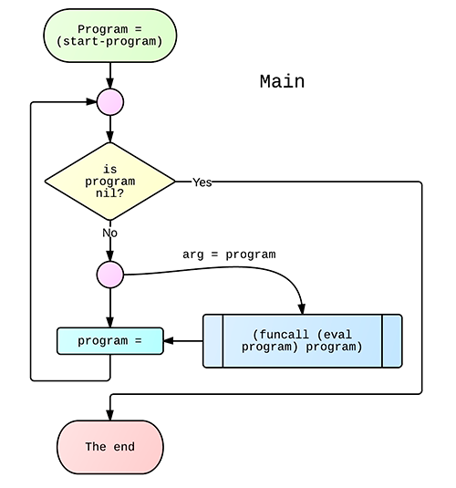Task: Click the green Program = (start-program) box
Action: [x=109, y=36]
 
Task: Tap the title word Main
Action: [x=282, y=81]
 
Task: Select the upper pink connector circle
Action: [x=109, y=102]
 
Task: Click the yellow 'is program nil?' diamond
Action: [x=109, y=182]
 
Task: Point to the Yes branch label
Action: [x=202, y=182]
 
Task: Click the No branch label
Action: [x=109, y=233]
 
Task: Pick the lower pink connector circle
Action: [x=109, y=274]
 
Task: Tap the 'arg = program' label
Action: [x=228, y=254]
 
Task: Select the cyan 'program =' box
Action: [x=109, y=341]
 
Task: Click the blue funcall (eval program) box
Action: [x=302, y=341]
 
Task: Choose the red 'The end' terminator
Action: [x=109, y=447]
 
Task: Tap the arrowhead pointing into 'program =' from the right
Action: [x=170, y=341]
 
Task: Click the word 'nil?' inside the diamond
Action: [x=109, y=193]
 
